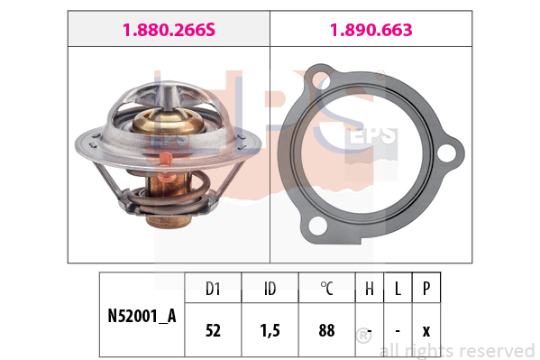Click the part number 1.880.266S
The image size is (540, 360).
169,30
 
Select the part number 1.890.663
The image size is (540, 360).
371,30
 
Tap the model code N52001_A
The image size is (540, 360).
142,316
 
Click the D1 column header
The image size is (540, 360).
213,289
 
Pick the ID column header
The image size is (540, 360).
270,289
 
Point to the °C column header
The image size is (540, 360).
326,289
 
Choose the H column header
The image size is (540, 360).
370,289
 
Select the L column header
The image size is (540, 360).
398,289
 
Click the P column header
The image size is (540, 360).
426,289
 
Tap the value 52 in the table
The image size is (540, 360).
213,330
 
